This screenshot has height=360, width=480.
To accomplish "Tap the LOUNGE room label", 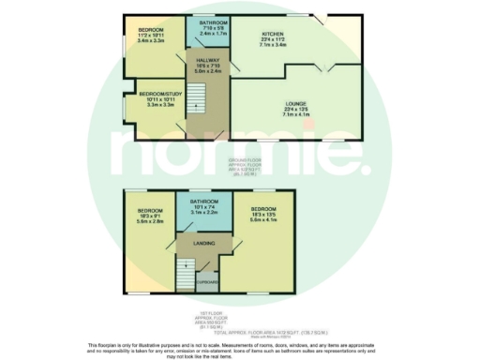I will [x=295, y=104].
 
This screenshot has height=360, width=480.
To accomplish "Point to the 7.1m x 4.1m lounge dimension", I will [x=295, y=115].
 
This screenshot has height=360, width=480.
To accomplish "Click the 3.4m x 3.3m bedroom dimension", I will [x=151, y=40].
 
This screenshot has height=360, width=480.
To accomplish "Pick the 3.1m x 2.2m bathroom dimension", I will [x=204, y=213].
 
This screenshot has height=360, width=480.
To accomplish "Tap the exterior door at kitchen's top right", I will [x=321, y=21].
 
